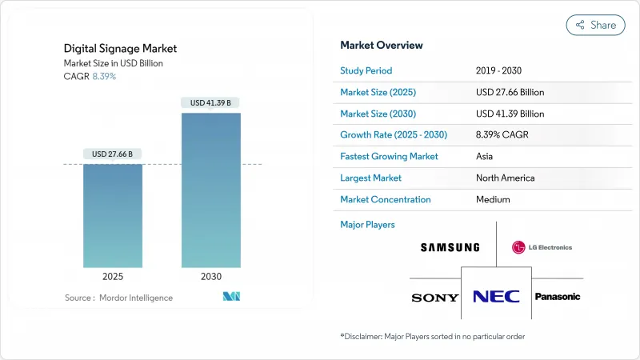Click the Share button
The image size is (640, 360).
coord(596,25)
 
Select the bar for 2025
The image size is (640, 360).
coord(113,216)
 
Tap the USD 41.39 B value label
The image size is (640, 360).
coord(210,102)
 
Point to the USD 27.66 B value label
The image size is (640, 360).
coord(113,154)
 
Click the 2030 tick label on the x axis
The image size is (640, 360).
coord(210,276)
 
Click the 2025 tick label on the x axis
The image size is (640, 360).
coord(113,276)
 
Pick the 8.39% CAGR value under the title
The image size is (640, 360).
coord(104,75)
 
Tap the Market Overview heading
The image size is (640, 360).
coord(382,45)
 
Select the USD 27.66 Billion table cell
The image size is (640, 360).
coord(510,92)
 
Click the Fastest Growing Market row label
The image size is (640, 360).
coord(389,156)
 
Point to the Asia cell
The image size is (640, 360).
coord(485,156)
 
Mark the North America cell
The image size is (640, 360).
coord(505,178)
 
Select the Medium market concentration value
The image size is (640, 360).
coord(494,199)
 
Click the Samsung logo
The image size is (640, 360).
coord(450,247)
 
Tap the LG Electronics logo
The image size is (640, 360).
coord(542,247)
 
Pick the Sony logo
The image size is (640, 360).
coord(435,298)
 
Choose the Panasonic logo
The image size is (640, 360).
coord(557,297)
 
